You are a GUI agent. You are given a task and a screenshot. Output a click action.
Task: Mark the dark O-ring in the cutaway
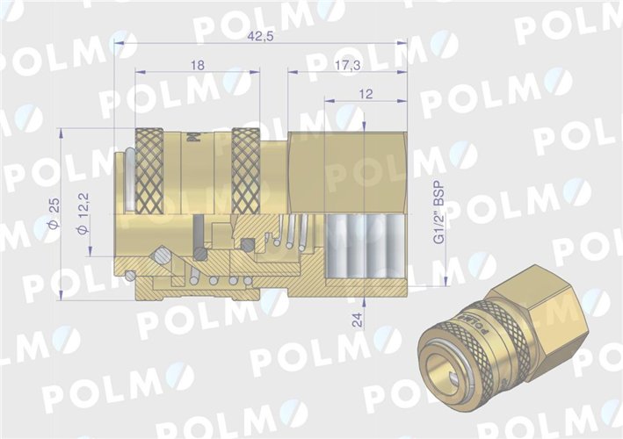pyautogui.click(x=201, y=254)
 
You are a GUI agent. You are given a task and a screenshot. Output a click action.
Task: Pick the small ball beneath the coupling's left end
pyautogui.click(x=130, y=276)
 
